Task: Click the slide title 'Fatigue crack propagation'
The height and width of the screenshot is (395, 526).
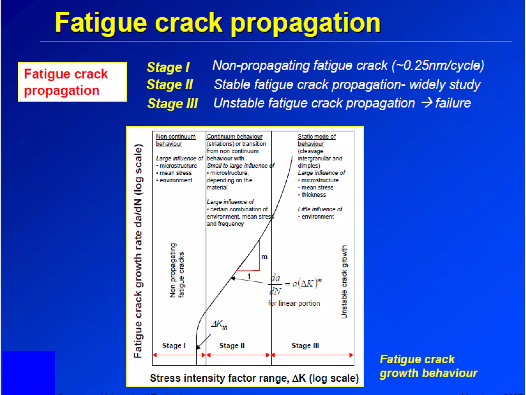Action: (x=218, y=23)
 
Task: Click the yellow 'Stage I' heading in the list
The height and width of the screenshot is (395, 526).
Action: (x=168, y=67)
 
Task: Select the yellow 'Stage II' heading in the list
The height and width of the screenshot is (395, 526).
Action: (x=170, y=85)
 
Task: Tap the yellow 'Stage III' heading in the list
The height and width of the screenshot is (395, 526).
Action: (x=172, y=104)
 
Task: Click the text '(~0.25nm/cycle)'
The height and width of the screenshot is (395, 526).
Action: (x=438, y=65)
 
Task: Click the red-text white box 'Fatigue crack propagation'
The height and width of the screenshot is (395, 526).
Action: (x=72, y=82)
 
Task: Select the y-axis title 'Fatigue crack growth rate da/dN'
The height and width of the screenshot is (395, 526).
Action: (x=138, y=251)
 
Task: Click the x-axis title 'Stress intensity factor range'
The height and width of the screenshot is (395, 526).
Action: (x=254, y=378)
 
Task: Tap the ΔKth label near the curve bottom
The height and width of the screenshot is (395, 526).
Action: (x=219, y=325)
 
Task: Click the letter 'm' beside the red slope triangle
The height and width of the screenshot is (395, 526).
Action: (x=264, y=257)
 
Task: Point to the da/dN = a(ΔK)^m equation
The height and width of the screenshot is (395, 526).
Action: (x=295, y=284)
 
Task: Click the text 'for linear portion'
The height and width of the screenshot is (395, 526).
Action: (x=294, y=303)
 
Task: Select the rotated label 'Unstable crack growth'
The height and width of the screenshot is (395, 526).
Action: (x=344, y=282)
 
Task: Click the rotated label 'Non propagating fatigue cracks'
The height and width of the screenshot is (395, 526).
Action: (x=177, y=270)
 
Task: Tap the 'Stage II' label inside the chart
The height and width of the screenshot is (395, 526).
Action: (x=232, y=346)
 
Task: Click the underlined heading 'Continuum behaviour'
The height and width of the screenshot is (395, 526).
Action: (x=234, y=137)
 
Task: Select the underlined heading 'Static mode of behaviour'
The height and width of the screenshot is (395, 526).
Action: (x=316, y=140)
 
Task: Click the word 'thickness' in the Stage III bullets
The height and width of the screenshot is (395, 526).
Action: (x=313, y=195)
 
